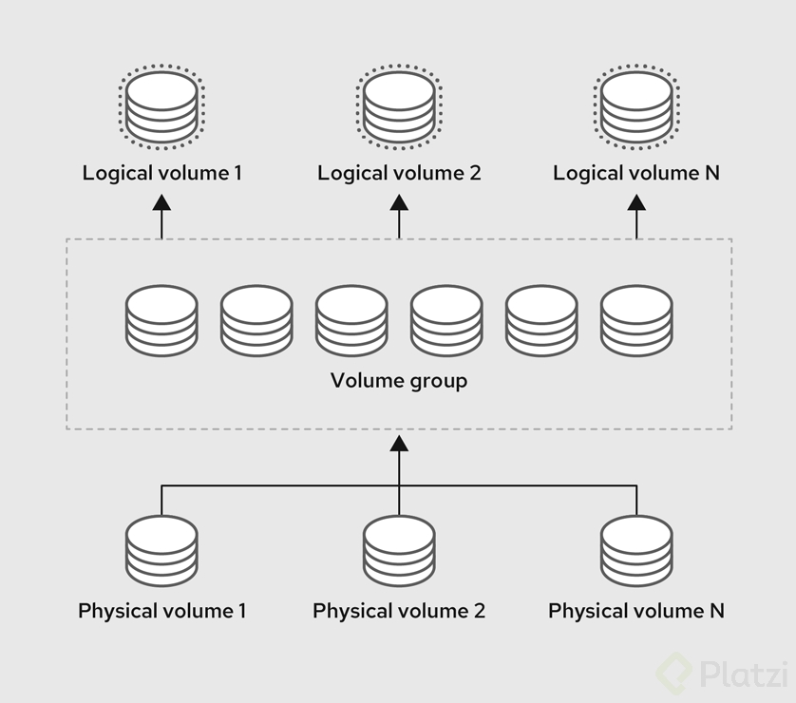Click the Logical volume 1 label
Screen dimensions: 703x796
(161, 173)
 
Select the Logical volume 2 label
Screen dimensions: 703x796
(399, 173)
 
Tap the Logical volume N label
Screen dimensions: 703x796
(636, 173)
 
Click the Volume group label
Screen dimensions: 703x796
(399, 381)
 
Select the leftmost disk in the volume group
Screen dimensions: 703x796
(161, 322)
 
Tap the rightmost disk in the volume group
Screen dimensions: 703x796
(636, 322)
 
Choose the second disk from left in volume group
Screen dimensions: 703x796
(256, 322)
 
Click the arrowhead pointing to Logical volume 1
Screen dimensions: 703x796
(161, 201)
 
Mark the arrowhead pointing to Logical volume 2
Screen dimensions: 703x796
(399, 201)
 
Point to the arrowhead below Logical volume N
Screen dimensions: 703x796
(636, 201)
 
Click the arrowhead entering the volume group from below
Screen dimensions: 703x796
(399, 442)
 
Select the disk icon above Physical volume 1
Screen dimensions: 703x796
(161, 552)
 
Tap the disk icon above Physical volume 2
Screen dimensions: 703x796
(399, 552)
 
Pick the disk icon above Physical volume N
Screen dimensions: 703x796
(636, 552)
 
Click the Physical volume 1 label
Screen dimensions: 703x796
(161, 610)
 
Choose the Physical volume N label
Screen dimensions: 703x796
(636, 610)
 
